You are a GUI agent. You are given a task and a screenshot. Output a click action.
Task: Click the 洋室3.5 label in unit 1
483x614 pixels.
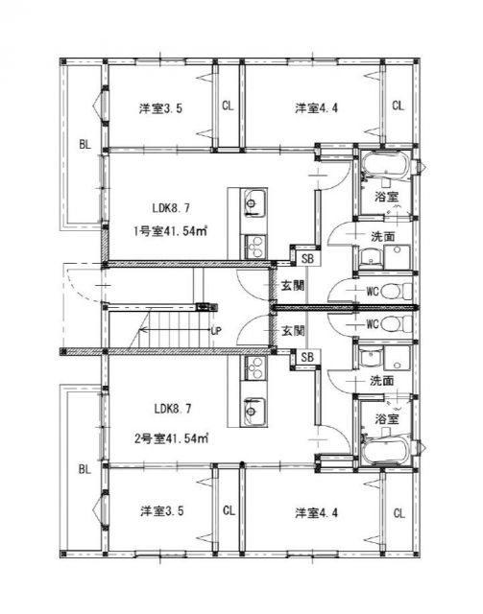(x=160, y=108)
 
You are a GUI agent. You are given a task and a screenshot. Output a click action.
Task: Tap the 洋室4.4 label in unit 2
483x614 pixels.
(x=316, y=512)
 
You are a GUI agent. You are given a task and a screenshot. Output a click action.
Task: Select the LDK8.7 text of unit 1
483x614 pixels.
(x=171, y=208)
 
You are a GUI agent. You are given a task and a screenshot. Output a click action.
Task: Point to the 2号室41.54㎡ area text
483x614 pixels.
(x=171, y=438)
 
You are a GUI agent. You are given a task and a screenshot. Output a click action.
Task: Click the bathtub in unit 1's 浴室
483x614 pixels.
(x=385, y=166)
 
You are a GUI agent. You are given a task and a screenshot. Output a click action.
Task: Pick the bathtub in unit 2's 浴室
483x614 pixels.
(x=385, y=451)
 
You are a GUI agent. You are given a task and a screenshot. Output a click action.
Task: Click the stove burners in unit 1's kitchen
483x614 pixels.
(x=254, y=247)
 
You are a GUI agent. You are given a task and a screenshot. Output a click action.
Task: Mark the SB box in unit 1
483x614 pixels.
(x=307, y=259)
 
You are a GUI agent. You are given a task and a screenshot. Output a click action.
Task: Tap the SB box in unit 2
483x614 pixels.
(x=307, y=357)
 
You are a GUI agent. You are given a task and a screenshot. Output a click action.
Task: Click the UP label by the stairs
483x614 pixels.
(x=216, y=331)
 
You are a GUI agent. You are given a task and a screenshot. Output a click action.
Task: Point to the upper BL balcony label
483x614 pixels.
(x=85, y=145)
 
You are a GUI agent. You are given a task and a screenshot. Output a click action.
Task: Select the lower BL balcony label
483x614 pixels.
(x=85, y=469)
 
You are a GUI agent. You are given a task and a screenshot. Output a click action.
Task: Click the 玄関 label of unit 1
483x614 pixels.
(x=293, y=286)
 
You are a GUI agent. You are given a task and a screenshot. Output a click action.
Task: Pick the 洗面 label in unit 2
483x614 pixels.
(x=382, y=381)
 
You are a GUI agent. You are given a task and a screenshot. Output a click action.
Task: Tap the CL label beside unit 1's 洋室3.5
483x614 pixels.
(x=228, y=106)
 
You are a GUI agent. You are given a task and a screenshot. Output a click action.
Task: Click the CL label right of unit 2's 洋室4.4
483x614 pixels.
(x=399, y=513)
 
